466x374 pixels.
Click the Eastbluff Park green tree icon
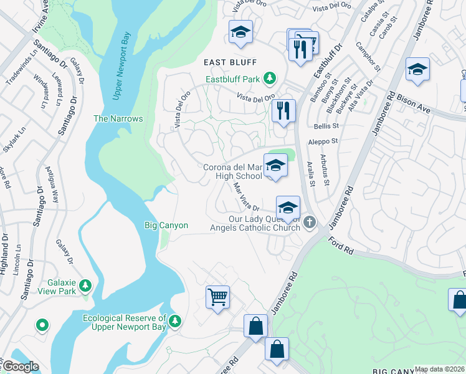pyautogui.click(x=270, y=79)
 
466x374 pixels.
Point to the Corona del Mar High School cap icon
pyautogui.click(x=275, y=165)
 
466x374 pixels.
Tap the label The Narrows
pyautogui.click(x=118, y=118)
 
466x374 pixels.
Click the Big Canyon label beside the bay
pyautogui.click(x=166, y=225)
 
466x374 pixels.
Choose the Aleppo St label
pyautogui.click(x=323, y=143)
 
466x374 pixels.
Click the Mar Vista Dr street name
pyautogui.click(x=245, y=196)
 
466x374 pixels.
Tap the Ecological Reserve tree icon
pyautogui.click(x=176, y=320)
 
